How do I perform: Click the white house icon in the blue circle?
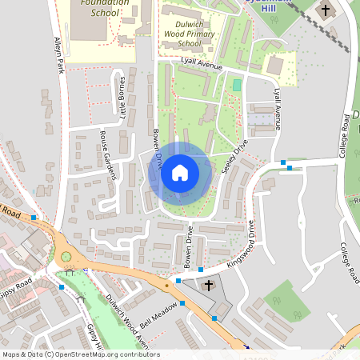pyautogui.click(x=180, y=173)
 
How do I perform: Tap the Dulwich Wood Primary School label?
pyautogui.click(x=188, y=34)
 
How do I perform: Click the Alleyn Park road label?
pyautogui.click(x=58, y=55)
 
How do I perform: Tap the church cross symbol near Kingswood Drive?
pyautogui.click(x=209, y=285)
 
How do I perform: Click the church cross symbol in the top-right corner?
pyautogui.click(x=324, y=11)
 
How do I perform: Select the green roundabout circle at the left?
pyautogui.click(x=66, y=257)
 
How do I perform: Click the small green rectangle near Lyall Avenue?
pyautogui.click(x=236, y=85)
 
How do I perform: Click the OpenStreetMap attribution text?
pyautogui.click(x=80, y=354)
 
